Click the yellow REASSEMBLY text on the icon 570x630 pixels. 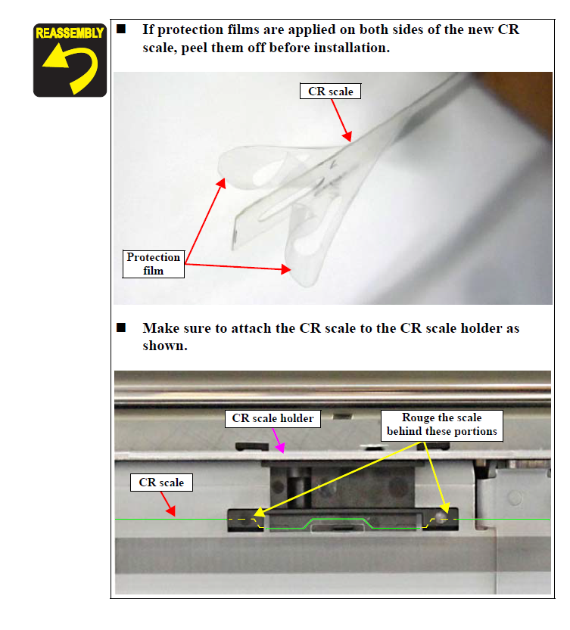(x=70, y=33)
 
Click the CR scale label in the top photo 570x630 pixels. (x=330, y=92)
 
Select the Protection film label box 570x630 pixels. (x=153, y=263)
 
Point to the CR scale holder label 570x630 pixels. (x=273, y=418)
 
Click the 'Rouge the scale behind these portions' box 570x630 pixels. (x=441, y=425)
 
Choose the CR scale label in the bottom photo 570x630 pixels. (x=161, y=483)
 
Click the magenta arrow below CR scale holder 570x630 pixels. (x=279, y=440)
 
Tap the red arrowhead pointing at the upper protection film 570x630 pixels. (x=221, y=183)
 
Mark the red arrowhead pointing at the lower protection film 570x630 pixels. (x=285, y=268)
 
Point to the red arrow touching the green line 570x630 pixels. (x=168, y=504)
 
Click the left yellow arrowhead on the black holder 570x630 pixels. (x=260, y=512)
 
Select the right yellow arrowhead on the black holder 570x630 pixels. (x=444, y=507)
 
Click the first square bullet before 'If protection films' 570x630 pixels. (x=121, y=29)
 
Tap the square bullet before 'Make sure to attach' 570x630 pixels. (x=121, y=328)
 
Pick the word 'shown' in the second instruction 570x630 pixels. (x=164, y=346)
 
